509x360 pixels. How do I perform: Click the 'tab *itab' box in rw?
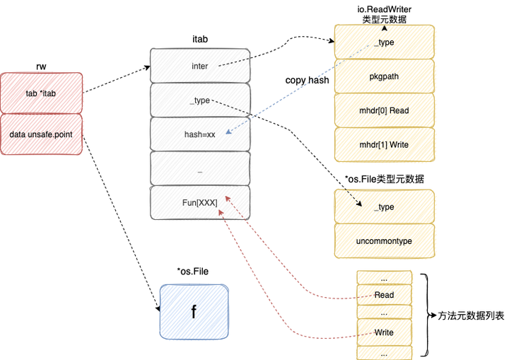[x=41, y=93]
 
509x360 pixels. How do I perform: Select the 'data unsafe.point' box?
[x=41, y=134]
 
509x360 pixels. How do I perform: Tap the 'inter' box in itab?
[x=200, y=66]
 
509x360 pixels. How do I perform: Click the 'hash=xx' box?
[x=200, y=134]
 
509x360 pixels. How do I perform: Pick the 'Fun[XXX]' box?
[x=200, y=203]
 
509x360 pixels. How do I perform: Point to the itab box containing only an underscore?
[x=200, y=168]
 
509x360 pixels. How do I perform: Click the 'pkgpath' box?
[x=385, y=76]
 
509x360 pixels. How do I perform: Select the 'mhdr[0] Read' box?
[x=385, y=110]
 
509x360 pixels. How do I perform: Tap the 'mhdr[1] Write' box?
[x=385, y=144]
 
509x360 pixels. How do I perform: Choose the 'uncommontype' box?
[x=385, y=241]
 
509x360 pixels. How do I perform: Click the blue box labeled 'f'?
[x=194, y=312]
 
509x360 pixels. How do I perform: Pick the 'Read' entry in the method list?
[x=385, y=295]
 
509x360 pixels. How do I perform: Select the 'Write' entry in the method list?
[x=385, y=332]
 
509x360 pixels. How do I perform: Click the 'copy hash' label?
[x=307, y=80]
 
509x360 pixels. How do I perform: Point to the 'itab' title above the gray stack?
[x=200, y=40]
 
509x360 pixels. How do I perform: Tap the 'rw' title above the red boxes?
[x=41, y=66]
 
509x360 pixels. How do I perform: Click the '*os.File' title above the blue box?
[x=193, y=272]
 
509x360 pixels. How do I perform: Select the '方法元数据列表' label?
[x=471, y=315]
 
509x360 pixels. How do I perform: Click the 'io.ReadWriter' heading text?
[x=385, y=9]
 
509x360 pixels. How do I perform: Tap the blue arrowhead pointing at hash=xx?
[x=228, y=132]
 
